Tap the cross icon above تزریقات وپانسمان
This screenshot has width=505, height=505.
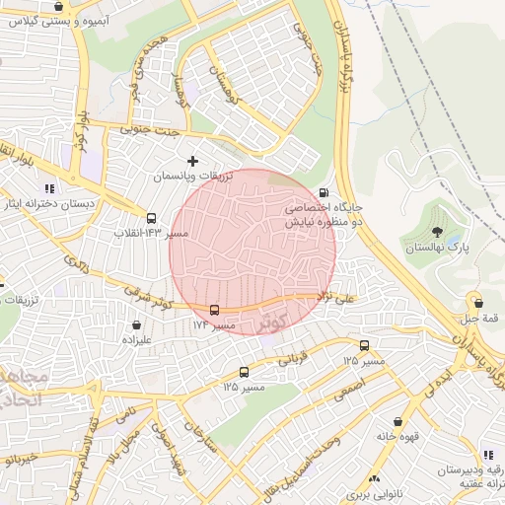(x=192, y=160)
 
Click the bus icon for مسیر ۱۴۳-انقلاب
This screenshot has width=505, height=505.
(x=151, y=218)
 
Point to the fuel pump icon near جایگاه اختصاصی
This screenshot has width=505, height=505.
(x=324, y=193)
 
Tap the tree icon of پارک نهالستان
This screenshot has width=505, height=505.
(x=437, y=233)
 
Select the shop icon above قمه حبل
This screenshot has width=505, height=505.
(x=478, y=303)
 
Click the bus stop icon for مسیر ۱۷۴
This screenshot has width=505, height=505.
(x=214, y=310)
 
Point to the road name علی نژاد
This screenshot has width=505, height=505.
(x=335, y=295)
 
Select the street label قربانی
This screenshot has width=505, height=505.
(x=292, y=361)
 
